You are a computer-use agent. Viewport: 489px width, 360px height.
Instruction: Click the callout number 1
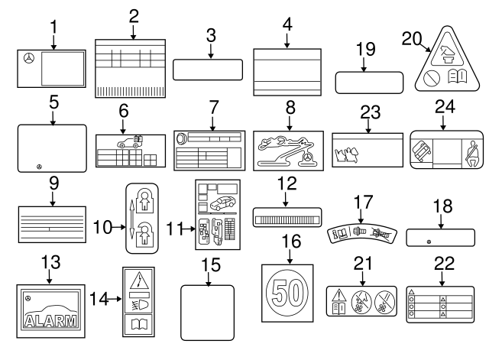[53, 26]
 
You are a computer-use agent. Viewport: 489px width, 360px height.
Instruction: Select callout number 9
[52, 183]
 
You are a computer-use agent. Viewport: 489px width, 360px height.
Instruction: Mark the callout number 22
[443, 264]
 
